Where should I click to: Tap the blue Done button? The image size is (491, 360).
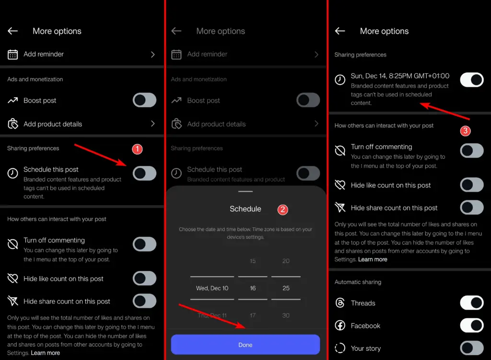click(x=245, y=345)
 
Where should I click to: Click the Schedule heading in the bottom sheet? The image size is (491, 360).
click(x=245, y=209)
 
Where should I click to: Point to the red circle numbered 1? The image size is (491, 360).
click(x=137, y=149)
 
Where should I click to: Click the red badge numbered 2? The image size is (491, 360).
click(x=283, y=209)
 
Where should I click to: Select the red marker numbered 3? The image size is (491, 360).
click(x=465, y=130)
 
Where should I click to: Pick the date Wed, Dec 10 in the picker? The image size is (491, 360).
click(x=212, y=288)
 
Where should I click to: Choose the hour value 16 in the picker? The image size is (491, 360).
click(x=253, y=288)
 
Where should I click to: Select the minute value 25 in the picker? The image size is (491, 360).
click(x=286, y=288)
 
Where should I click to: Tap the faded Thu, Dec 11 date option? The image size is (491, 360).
click(x=212, y=315)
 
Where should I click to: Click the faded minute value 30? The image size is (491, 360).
click(x=286, y=315)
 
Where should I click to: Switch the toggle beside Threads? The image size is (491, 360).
click(x=472, y=303)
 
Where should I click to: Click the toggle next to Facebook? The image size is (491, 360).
click(x=472, y=325)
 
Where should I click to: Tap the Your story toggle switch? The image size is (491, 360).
click(x=472, y=348)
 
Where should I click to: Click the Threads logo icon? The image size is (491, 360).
click(x=340, y=303)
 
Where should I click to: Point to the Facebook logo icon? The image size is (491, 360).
click(x=340, y=326)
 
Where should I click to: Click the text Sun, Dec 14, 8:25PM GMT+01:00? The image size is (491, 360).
click(x=400, y=76)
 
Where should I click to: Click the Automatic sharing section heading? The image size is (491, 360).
click(x=358, y=282)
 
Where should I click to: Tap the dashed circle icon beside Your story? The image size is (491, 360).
click(x=340, y=348)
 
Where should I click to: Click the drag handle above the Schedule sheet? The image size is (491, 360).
click(x=245, y=191)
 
